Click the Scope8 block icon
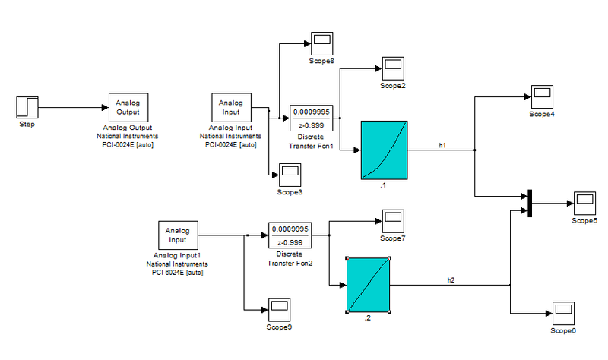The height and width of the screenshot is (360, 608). coord(321,43)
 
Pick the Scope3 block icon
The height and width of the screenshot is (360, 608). coord(290,175)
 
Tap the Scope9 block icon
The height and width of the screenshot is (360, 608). coord(278,309)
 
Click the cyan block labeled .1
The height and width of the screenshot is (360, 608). coord(385,150)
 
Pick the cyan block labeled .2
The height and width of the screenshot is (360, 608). coord(369,285)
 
